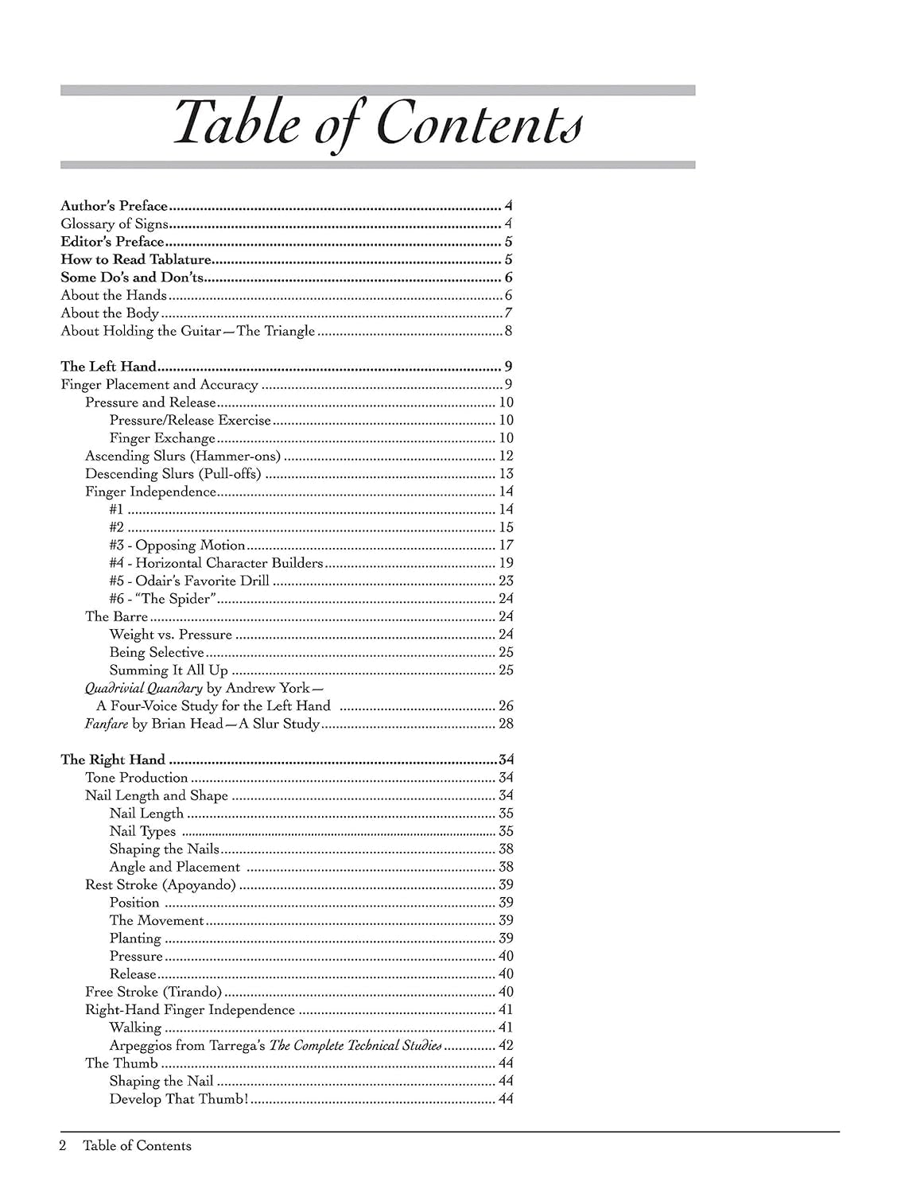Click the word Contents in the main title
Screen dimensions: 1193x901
[479, 124]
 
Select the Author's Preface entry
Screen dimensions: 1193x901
[115, 206]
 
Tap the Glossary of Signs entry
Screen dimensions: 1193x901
[115, 224]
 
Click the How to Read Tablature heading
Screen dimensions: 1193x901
[136, 260]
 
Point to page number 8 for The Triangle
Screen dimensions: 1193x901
[508, 331]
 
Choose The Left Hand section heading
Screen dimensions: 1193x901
[108, 367]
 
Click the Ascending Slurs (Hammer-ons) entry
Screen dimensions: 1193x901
[183, 456]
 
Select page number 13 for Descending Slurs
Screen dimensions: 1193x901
[506, 474]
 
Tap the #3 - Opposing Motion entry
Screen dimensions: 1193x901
[177, 546]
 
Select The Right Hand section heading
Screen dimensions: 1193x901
[113, 760]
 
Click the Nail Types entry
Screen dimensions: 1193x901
[142, 831]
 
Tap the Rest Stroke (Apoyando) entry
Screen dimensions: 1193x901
[161, 884]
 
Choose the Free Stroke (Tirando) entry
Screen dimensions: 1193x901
[153, 992]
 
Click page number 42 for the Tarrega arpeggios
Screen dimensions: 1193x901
[506, 1045]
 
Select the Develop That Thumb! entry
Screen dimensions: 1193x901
[179, 1099]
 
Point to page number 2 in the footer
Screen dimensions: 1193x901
[63, 1145]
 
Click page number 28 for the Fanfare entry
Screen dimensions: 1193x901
[506, 724]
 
